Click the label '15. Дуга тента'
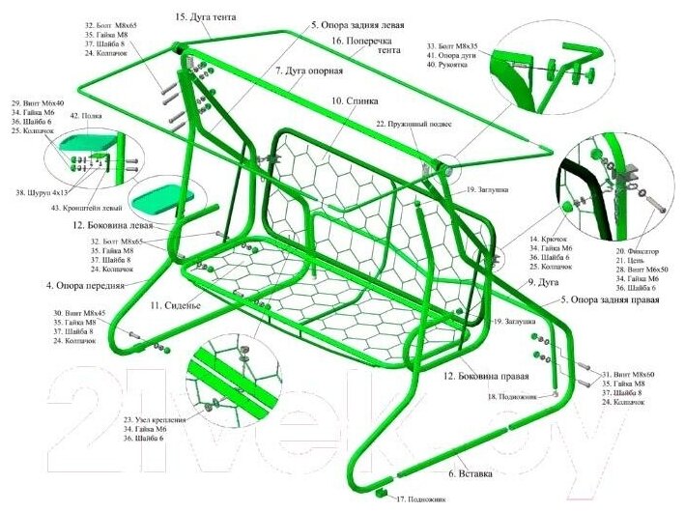click(x=208, y=17)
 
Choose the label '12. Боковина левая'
click(x=119, y=225)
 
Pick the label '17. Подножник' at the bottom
click(x=421, y=499)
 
